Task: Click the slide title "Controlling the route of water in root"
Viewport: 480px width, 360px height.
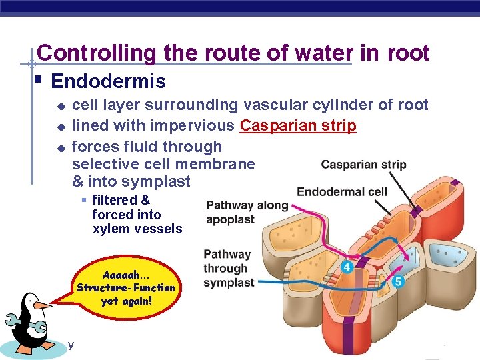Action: [x=233, y=53]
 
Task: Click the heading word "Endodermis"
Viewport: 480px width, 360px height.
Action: [x=108, y=82]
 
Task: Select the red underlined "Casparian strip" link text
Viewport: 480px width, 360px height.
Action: [x=298, y=125]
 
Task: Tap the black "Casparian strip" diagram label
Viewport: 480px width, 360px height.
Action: [x=363, y=165]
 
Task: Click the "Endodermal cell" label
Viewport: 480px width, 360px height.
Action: [x=341, y=192]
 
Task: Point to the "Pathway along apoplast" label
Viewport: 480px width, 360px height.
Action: [x=247, y=212]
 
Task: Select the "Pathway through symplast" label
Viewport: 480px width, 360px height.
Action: [x=228, y=268]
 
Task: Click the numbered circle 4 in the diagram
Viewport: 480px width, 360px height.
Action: [x=347, y=267]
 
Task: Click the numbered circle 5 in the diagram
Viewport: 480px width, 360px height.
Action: [x=398, y=281]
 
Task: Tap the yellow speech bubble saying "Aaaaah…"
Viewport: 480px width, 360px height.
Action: [x=126, y=287]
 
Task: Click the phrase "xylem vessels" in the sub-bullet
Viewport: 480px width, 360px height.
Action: [x=137, y=229]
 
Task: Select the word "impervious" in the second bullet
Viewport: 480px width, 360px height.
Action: [x=192, y=125]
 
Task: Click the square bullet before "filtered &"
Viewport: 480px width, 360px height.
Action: [x=84, y=200]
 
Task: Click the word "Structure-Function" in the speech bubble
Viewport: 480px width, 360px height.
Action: [x=126, y=288]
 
